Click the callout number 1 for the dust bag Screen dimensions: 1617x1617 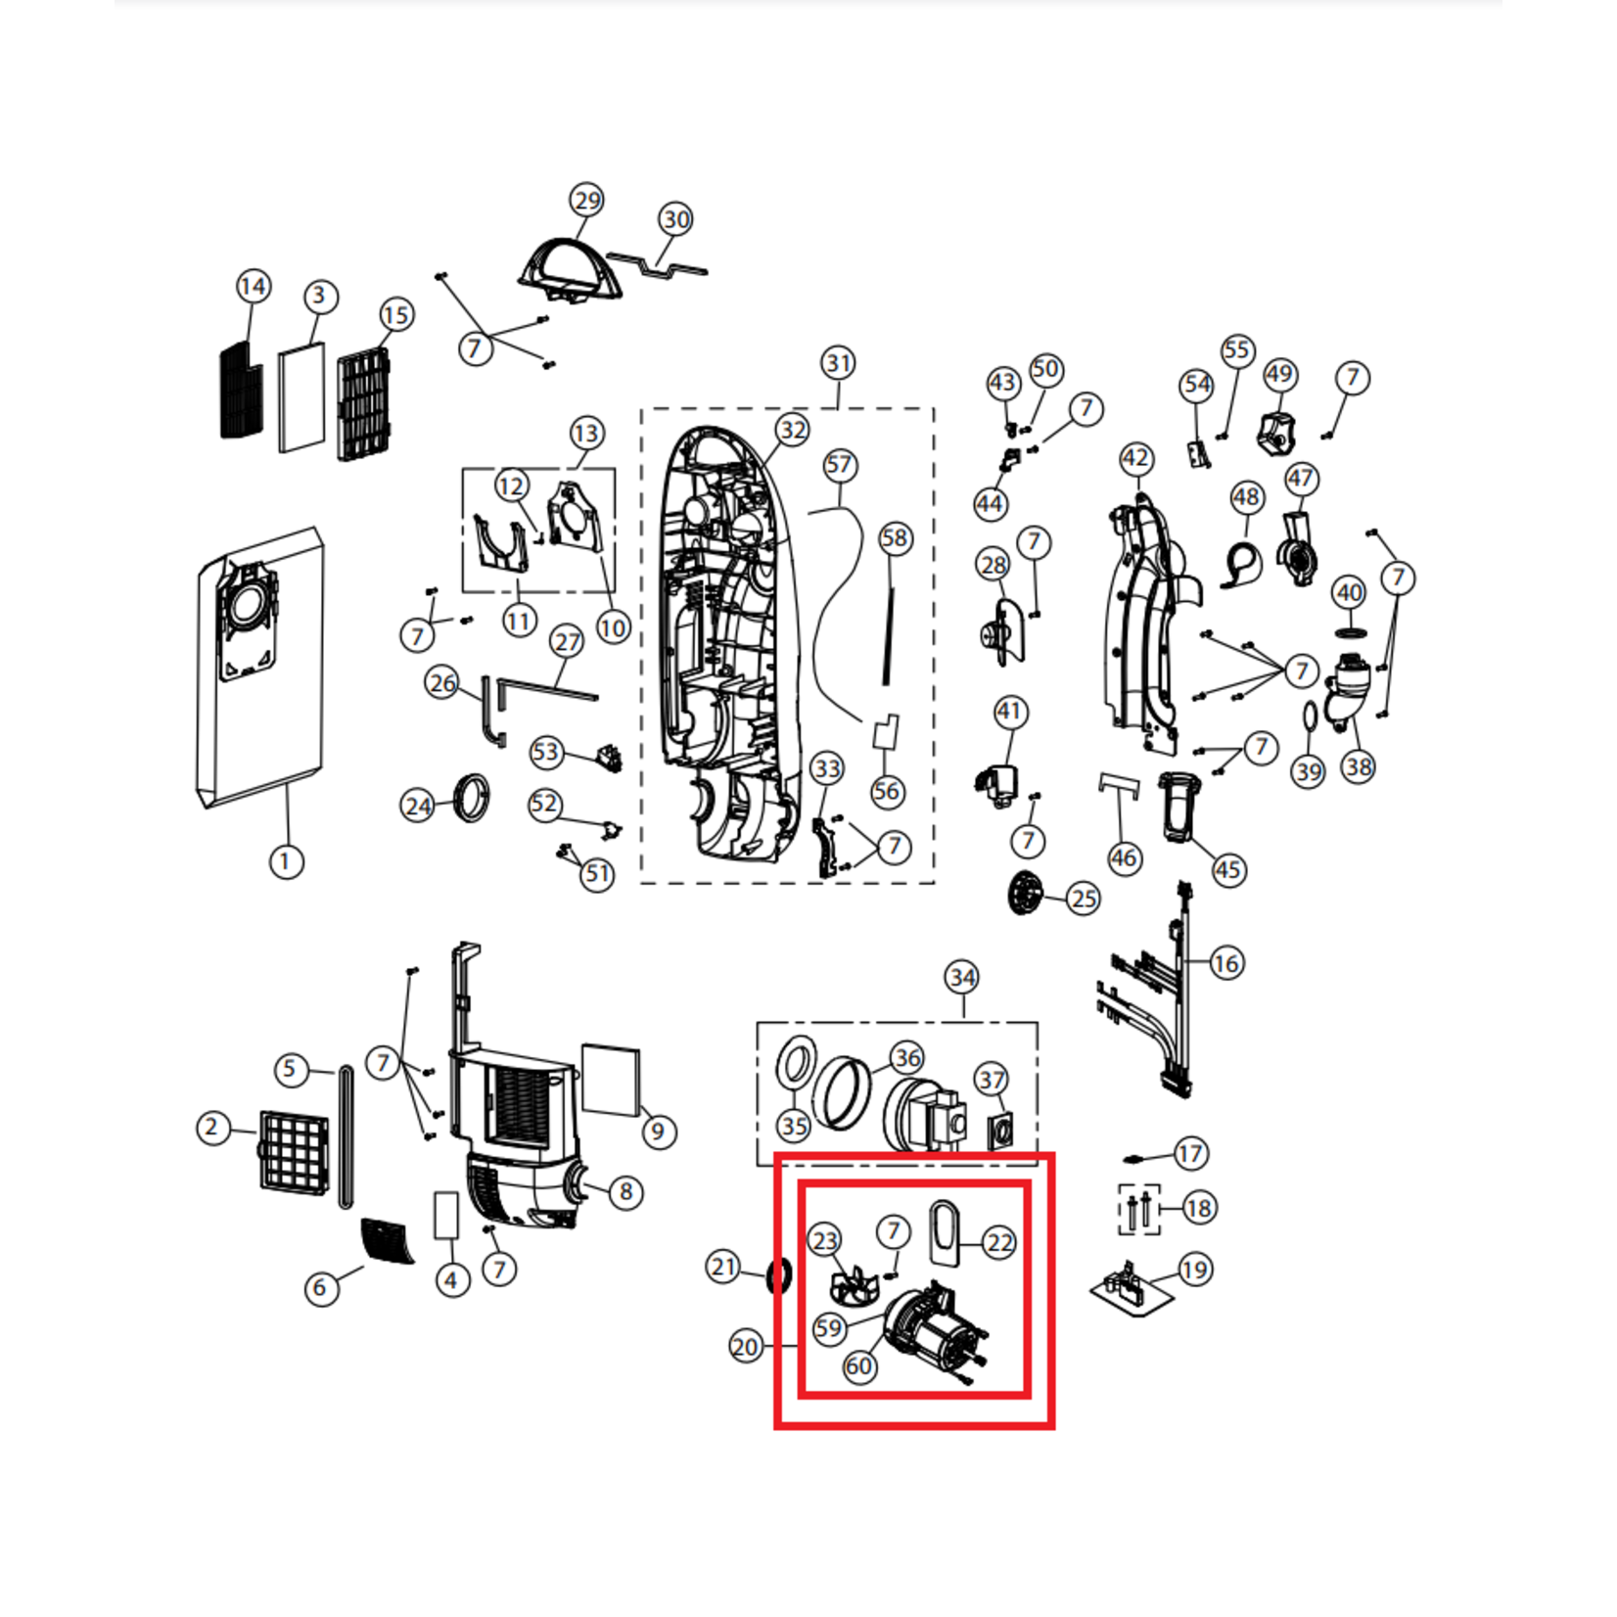pyautogui.click(x=286, y=862)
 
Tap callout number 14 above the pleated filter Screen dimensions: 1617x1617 pyautogui.click(x=254, y=287)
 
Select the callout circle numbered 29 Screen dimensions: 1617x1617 pyautogui.click(x=587, y=201)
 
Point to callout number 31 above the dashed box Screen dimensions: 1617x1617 pyautogui.click(x=838, y=363)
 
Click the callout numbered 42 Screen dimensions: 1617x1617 pyautogui.click(x=1135, y=458)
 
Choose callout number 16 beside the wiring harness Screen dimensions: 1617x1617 pyautogui.click(x=1225, y=963)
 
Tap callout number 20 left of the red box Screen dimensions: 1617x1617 pyautogui.click(x=746, y=1347)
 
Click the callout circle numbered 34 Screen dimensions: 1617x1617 pyautogui.click(x=962, y=977)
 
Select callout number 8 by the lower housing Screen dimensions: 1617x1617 pyautogui.click(x=626, y=1192)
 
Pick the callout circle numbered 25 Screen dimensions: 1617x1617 pyautogui.click(x=1083, y=899)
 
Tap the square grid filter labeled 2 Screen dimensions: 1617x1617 pyautogui.click(x=294, y=1150)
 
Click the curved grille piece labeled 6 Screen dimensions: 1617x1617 pyautogui.click(x=389, y=1241)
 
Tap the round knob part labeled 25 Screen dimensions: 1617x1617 pyautogui.click(x=1024, y=892)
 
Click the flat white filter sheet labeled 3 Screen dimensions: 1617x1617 pyautogui.click(x=301, y=397)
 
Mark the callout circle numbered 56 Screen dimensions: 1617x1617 pyautogui.click(x=887, y=791)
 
